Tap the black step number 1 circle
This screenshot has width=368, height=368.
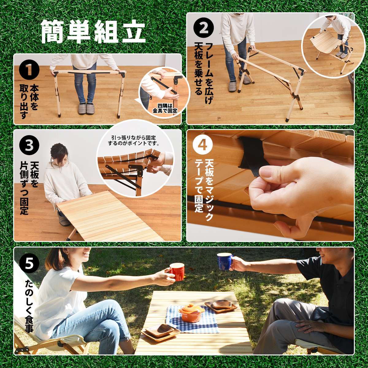29,70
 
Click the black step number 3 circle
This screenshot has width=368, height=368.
29,146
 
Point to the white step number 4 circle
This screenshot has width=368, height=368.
203,145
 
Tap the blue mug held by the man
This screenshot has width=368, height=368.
224,261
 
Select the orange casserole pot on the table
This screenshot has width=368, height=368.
191,313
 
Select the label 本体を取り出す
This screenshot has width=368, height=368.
29,102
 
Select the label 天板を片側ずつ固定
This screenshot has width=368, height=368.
29,189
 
